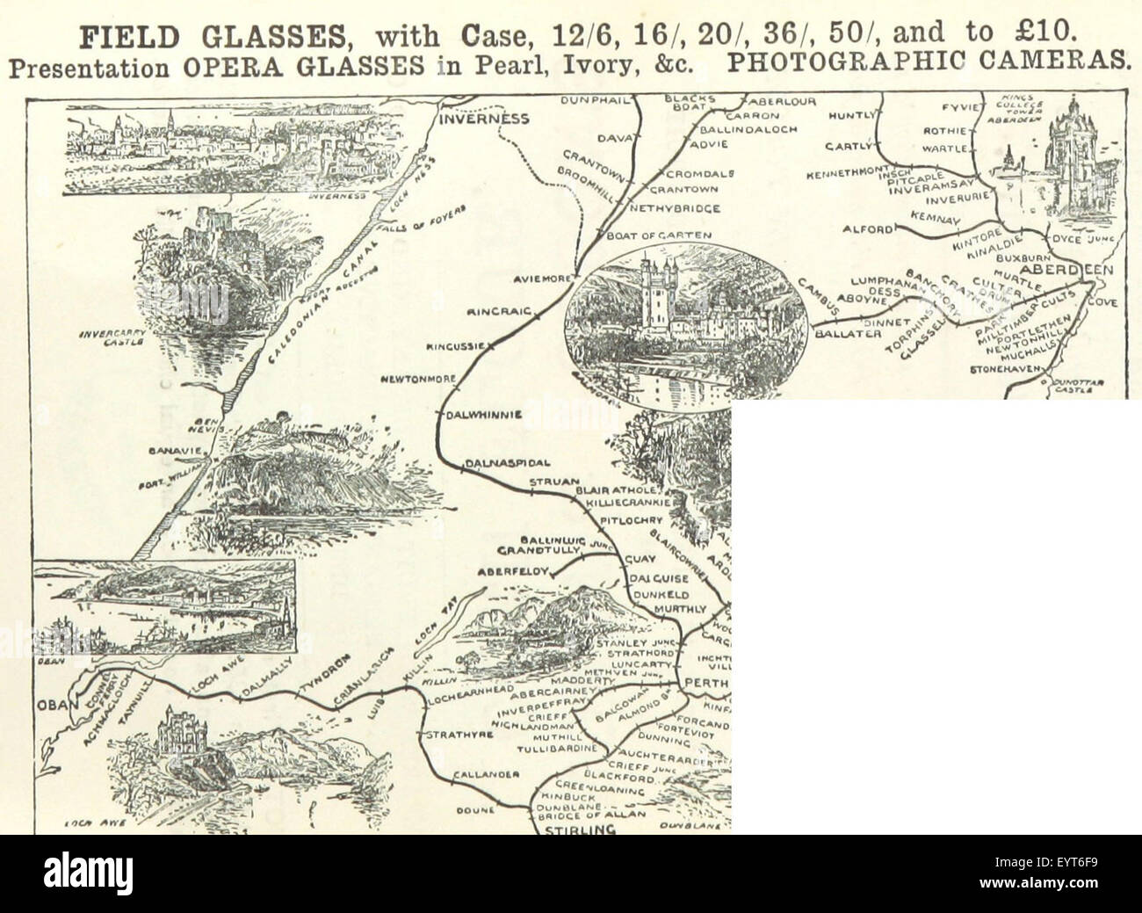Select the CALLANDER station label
(487, 774)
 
